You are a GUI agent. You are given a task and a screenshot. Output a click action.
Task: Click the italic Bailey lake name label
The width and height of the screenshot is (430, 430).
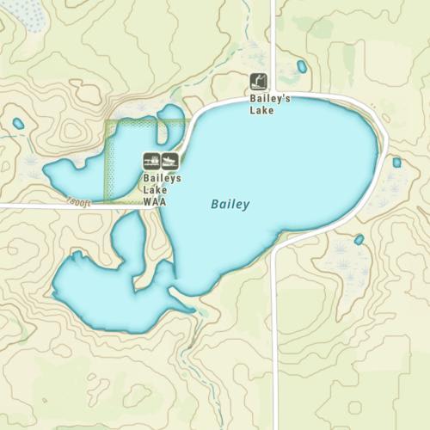[230, 205]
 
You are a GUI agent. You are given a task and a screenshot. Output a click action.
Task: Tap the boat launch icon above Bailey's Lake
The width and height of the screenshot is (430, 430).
[258, 82]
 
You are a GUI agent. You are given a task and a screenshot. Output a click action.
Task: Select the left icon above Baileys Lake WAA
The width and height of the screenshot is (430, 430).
[151, 160]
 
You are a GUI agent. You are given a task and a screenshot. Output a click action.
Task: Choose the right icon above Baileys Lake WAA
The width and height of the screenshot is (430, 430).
[169, 160]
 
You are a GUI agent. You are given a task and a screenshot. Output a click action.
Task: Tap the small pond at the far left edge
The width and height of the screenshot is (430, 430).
[18, 124]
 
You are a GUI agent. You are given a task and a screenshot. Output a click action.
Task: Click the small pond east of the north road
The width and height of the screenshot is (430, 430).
[302, 66]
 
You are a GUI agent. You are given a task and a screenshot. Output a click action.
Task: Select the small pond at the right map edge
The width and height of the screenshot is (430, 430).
[396, 162]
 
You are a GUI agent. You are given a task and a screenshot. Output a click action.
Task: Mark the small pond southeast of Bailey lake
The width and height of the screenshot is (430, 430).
[359, 240]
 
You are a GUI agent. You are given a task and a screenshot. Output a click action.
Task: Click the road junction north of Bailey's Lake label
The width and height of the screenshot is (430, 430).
[273, 95]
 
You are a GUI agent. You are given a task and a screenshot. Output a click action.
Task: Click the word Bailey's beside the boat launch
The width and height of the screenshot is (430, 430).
[270, 99]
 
